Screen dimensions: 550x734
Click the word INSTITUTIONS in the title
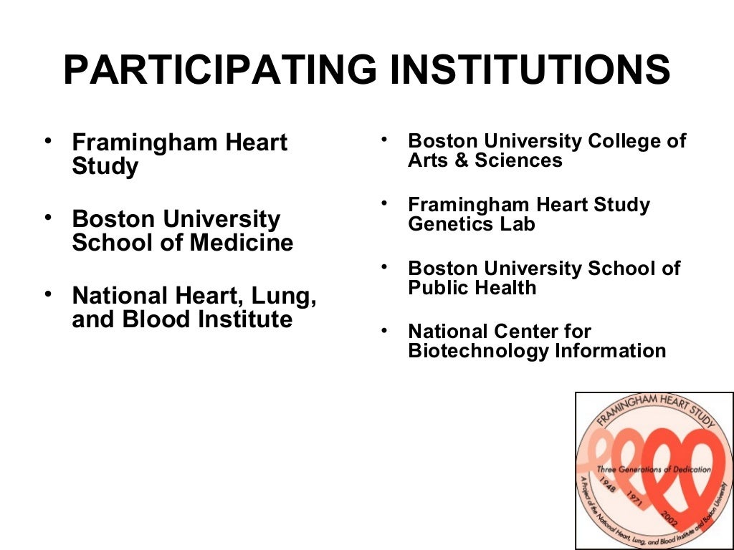pos(525,70)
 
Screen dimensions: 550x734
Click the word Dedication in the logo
pos(684,470)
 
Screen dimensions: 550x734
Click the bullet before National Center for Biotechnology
pos(385,330)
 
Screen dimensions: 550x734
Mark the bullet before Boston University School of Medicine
pos(48,216)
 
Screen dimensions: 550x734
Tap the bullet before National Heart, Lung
pos(48,294)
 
